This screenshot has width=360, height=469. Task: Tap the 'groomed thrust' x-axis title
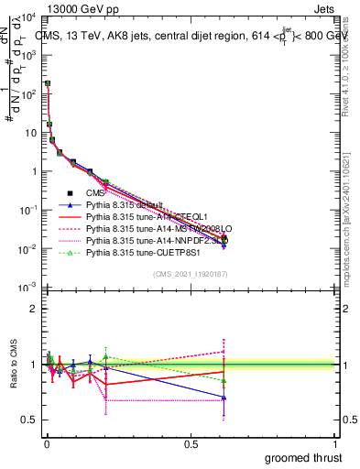coord(305,457)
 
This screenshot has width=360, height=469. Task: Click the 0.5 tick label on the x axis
coord(190,443)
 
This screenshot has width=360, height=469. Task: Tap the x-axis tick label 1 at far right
coord(335,443)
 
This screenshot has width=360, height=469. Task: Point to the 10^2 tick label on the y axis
coord(28,93)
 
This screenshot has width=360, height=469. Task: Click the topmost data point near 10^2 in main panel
coord(48,83)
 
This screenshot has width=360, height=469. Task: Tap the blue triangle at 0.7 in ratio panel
coord(224,398)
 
